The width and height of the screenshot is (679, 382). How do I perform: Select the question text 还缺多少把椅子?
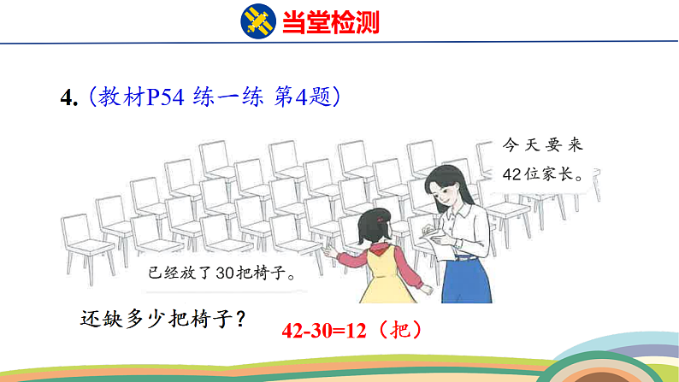click(163, 319)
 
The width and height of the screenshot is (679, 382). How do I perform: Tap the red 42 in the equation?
click(293, 329)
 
